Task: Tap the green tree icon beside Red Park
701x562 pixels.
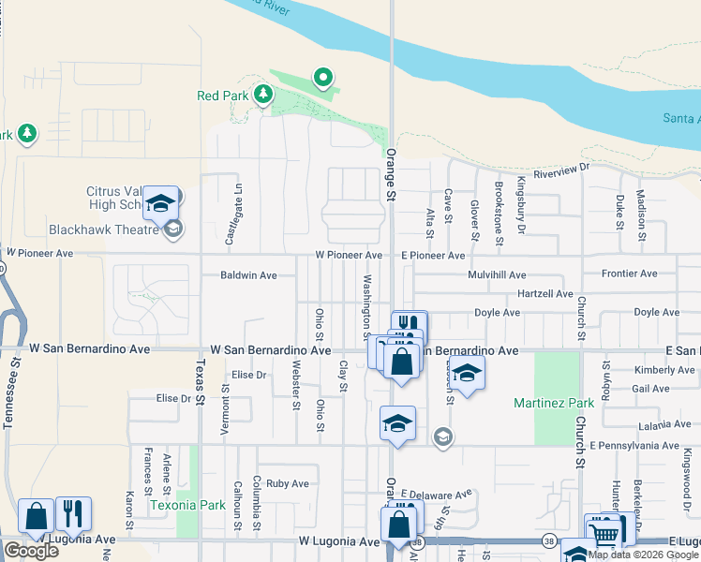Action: point(264,94)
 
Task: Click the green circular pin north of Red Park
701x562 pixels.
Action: point(323,77)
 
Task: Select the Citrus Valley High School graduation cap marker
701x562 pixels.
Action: point(160,202)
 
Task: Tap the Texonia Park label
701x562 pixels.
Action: point(187,505)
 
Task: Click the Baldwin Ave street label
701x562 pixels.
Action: point(248,275)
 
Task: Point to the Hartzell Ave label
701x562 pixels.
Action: point(544,293)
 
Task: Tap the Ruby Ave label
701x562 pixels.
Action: point(287,484)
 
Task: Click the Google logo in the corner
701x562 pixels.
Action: point(31,550)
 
